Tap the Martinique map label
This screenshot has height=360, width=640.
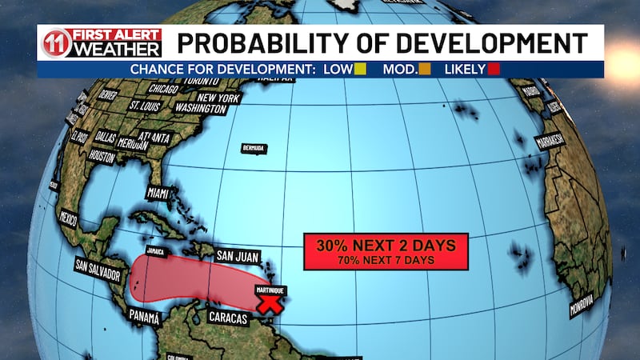[x=270, y=290]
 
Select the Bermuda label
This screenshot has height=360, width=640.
[x=254, y=149]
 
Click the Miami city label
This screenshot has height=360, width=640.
[x=158, y=193]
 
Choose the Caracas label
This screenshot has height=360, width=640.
[x=229, y=318]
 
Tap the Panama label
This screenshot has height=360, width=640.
[x=144, y=317]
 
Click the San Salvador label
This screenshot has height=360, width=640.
[x=98, y=270]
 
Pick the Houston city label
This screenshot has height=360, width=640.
[x=102, y=157]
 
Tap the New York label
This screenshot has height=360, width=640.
[x=218, y=98]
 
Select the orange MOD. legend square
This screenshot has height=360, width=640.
[x=425, y=70]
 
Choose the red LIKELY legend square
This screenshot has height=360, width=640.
[x=494, y=70]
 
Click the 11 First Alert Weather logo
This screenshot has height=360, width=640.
[x=102, y=43]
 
